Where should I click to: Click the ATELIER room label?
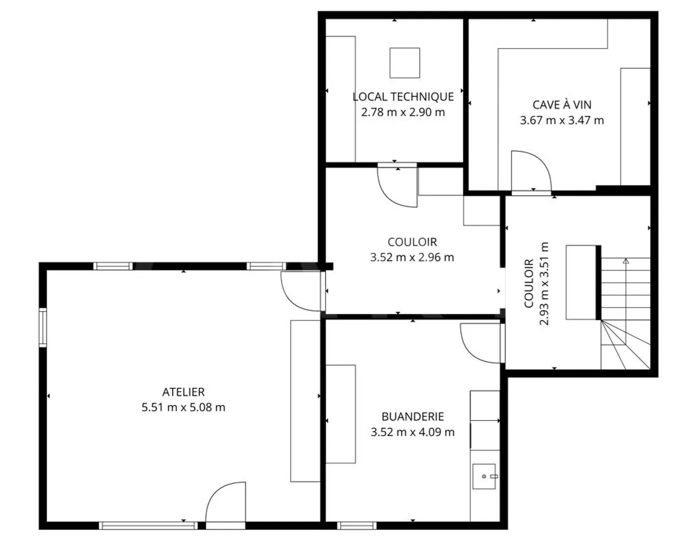183,392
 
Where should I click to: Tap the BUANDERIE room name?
412,416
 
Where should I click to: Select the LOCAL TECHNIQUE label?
403,97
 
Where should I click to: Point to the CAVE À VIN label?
562,105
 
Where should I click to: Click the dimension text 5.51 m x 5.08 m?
183,407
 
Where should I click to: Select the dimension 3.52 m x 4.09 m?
412,432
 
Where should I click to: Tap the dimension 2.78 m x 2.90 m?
403,112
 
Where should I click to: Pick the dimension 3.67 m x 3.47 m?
562,120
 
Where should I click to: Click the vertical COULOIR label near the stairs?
529,283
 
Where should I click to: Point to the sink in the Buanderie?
484,476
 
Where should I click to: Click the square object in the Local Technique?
405,63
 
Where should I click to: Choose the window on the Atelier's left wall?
43,327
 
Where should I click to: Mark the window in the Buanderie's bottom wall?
357,525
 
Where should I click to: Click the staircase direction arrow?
626,262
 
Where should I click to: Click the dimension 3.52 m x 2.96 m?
412,257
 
